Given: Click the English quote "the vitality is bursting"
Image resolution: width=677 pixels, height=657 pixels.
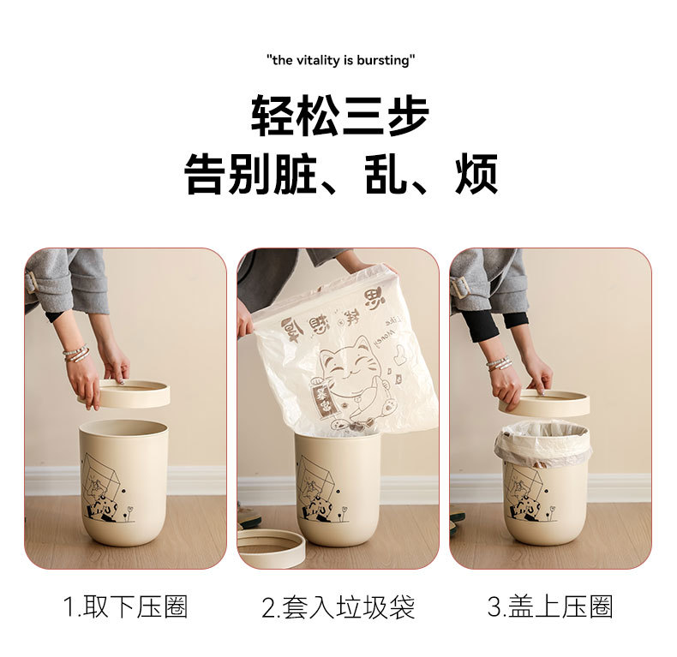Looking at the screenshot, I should (x=341, y=60).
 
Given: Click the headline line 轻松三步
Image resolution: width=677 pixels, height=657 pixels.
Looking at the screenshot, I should (x=340, y=116).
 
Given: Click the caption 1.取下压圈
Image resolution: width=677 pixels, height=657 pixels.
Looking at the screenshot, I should (x=125, y=608).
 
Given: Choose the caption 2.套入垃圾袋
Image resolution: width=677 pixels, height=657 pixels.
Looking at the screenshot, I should (x=338, y=608).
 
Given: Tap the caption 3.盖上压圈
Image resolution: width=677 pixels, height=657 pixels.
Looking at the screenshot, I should (x=550, y=608).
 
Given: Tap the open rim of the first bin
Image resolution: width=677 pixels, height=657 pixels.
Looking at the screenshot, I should (x=123, y=426).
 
